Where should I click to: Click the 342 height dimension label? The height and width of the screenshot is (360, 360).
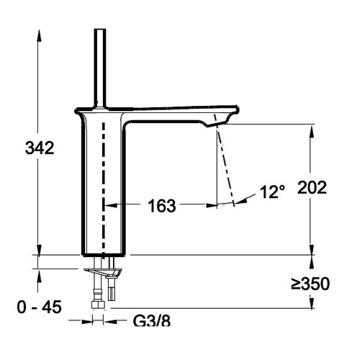40,148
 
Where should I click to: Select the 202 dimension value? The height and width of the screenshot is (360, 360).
312,187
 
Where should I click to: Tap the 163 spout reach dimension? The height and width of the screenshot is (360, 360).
162,206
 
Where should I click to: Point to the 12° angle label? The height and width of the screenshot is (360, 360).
273,192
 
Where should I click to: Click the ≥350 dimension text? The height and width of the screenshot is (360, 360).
310,284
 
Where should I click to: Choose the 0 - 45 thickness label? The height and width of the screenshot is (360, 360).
39,307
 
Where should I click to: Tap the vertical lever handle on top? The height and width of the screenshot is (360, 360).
100,68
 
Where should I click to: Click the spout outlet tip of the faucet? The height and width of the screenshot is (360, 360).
217,124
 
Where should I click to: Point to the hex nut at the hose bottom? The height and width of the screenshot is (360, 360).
99,305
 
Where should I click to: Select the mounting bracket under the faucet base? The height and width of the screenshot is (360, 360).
103,272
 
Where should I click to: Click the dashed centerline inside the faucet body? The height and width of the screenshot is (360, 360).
104,189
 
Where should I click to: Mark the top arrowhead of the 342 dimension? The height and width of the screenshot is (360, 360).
39,36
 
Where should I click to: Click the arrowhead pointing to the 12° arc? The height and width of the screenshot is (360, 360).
241,201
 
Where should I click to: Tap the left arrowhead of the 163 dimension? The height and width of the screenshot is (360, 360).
111,205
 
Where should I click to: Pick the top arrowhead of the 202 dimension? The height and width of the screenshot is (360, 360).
312,131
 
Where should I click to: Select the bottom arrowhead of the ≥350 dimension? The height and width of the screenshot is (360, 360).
312,302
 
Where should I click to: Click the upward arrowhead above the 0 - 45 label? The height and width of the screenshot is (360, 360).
39,275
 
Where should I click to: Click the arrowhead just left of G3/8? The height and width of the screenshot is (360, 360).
86,322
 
